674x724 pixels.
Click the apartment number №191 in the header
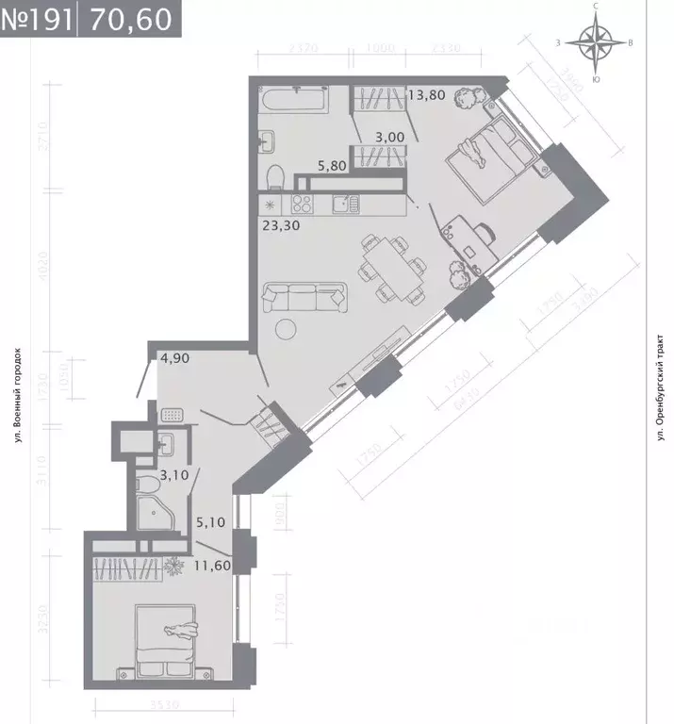click(36, 18)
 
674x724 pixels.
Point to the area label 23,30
click(279, 225)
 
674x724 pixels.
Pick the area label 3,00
click(389, 137)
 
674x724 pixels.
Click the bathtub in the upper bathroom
click(293, 99)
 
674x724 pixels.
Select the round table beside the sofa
click(287, 327)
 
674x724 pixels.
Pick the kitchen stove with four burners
click(302, 203)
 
